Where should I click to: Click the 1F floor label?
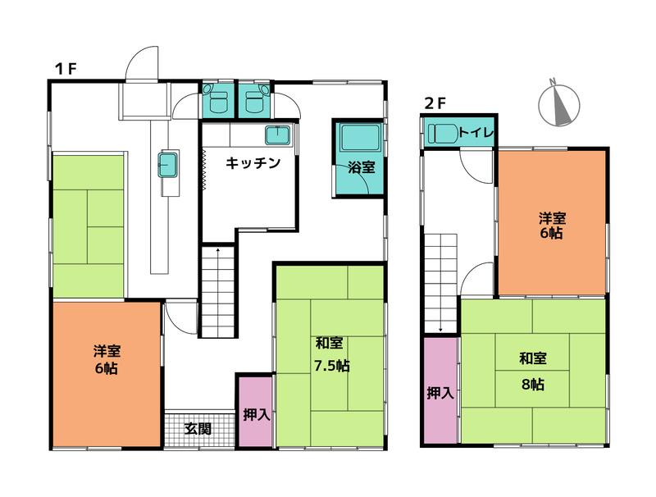point(65,68)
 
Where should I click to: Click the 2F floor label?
point(435,103)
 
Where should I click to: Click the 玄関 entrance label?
point(197,427)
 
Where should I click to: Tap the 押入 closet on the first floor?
point(256,413)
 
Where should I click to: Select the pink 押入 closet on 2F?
point(440,392)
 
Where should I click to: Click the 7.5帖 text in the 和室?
point(331,366)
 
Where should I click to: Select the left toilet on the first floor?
point(217,102)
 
